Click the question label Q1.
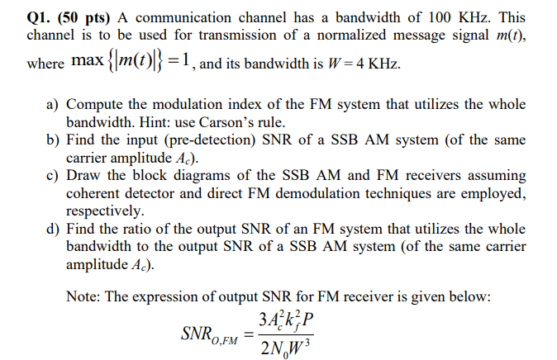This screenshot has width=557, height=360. [x=39, y=15]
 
